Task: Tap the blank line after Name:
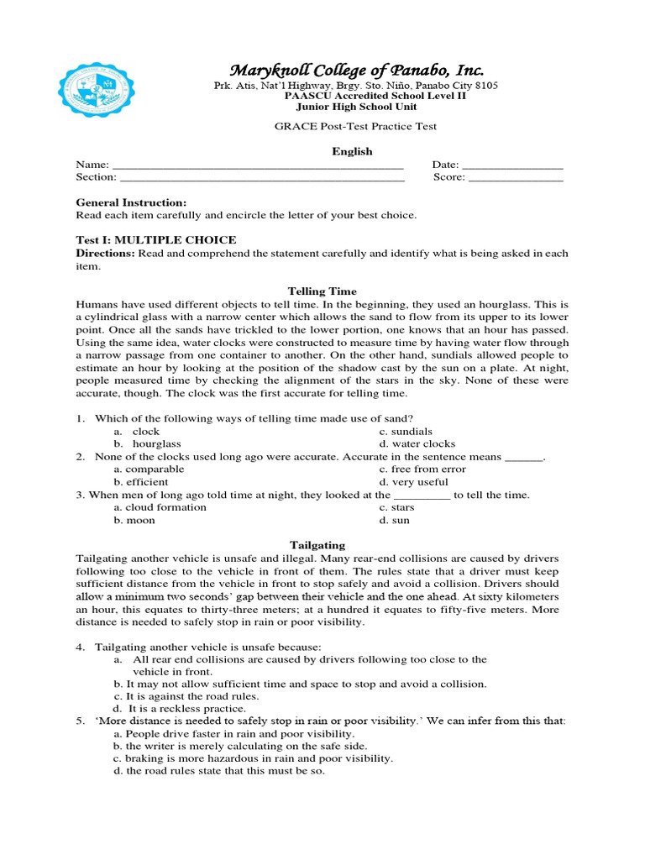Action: point(258,165)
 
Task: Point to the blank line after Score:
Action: point(515,178)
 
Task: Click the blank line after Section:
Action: point(262,178)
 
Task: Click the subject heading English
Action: point(352,151)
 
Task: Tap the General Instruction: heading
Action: point(131,202)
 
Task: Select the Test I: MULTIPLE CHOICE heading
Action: point(156,240)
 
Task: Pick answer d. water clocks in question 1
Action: point(417,443)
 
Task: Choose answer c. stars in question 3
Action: point(396,507)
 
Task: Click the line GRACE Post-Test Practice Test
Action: point(356,127)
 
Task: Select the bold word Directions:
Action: point(106,253)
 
